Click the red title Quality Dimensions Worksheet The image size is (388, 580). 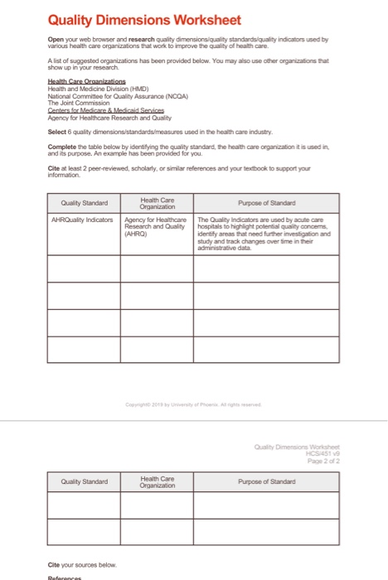[144, 20]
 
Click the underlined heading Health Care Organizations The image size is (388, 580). [85, 80]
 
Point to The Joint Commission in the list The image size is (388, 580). [80, 100]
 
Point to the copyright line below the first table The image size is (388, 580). [193, 404]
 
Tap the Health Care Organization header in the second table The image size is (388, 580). [158, 481]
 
